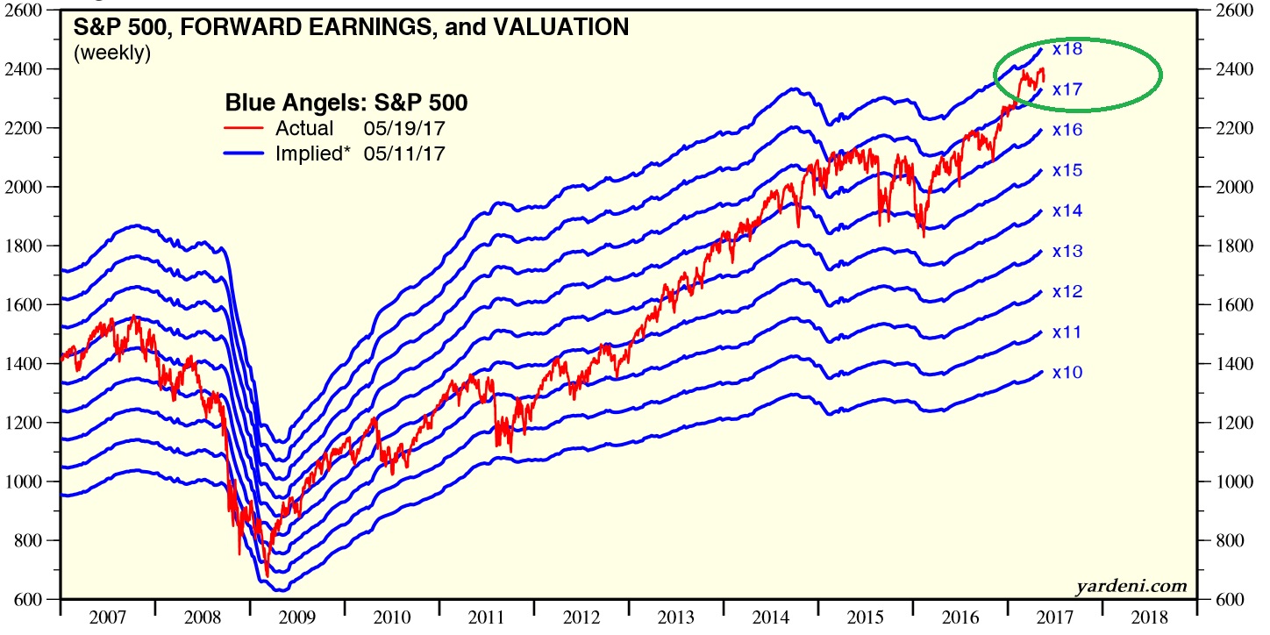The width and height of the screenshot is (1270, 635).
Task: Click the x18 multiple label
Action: pos(1067,49)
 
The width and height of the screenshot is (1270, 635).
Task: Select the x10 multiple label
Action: pos(1067,373)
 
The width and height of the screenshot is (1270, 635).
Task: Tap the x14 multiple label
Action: pos(1067,211)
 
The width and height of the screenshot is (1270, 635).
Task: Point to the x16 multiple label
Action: pos(1067,131)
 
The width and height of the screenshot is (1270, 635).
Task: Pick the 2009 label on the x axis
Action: pos(297,617)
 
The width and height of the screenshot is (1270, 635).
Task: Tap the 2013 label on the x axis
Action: pos(675,617)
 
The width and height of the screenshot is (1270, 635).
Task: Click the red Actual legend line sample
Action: pos(245,129)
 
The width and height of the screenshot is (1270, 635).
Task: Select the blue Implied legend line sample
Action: pos(245,154)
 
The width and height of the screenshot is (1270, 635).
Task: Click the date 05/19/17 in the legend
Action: pos(410,129)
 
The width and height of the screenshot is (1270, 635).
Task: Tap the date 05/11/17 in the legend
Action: pos(410,154)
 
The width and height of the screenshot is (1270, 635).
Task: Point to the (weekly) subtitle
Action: pos(112,53)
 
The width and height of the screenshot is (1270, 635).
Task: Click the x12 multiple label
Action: pos(1067,292)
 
